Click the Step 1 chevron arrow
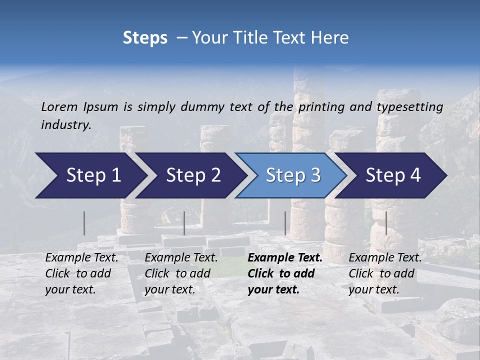(x=90, y=175)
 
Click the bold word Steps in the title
(x=145, y=38)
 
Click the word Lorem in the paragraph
(x=59, y=106)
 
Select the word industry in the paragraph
(x=66, y=125)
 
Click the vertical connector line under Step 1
(x=84, y=223)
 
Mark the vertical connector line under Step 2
(x=184, y=223)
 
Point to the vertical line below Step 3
(x=285, y=223)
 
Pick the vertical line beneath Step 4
(x=386, y=223)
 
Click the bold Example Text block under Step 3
(x=285, y=273)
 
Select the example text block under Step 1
(x=81, y=273)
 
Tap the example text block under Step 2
(x=181, y=273)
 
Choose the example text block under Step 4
(x=385, y=273)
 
